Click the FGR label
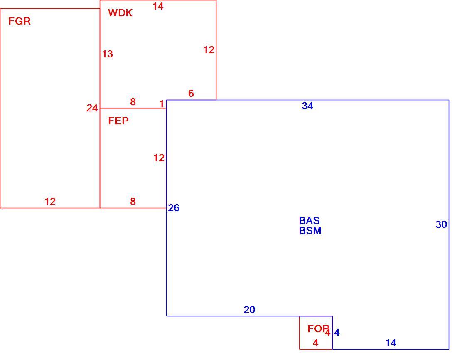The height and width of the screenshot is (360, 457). (x=20, y=21)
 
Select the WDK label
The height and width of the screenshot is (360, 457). (x=120, y=13)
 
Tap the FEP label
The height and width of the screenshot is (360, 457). (x=118, y=121)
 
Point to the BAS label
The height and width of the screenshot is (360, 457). (x=309, y=221)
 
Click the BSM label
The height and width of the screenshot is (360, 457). (x=310, y=231)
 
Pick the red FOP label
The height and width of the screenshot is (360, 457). (x=318, y=329)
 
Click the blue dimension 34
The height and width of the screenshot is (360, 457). (x=307, y=106)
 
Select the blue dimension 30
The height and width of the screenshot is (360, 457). (x=441, y=224)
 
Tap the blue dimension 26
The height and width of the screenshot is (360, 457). (x=174, y=208)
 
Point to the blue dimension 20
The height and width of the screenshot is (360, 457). (x=249, y=310)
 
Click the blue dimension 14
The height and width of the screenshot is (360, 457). (x=391, y=343)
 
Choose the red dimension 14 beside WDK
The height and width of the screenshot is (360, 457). (x=158, y=6)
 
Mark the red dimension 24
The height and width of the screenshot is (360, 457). (x=92, y=108)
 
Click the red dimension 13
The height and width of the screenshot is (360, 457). (x=107, y=54)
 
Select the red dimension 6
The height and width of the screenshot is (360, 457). (x=191, y=94)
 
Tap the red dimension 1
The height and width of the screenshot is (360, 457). (x=162, y=104)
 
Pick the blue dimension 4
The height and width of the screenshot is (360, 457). (x=337, y=333)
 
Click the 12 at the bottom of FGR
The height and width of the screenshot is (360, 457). (x=50, y=202)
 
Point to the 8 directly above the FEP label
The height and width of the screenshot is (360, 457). (x=133, y=102)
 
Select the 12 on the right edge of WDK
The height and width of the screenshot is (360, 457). (x=209, y=50)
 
